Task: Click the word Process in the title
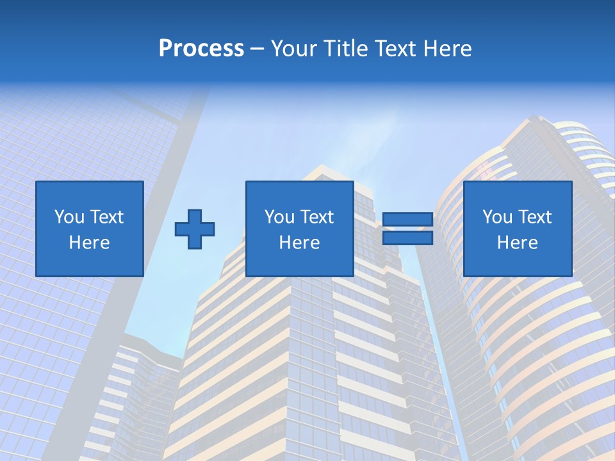[201, 49]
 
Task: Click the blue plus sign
[195, 229]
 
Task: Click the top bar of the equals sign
[407, 220]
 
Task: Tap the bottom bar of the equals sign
[407, 238]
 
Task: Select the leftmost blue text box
[89, 229]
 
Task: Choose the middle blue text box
[299, 229]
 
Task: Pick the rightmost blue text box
[517, 229]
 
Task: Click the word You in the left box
[69, 217]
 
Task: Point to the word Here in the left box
[89, 243]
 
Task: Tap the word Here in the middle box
[299, 243]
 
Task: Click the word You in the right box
[497, 217]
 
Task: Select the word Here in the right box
[517, 243]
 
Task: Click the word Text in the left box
[106, 217]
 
